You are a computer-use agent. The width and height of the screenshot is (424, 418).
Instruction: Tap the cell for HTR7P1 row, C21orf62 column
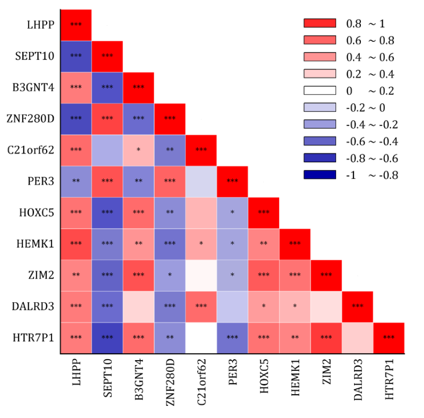click(x=201, y=337)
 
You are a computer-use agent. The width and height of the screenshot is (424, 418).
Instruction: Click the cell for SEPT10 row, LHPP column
click(x=76, y=56)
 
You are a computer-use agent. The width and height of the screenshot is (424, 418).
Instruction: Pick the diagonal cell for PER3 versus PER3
click(x=232, y=181)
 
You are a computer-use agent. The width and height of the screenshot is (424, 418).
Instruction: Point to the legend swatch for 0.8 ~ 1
click(x=320, y=23)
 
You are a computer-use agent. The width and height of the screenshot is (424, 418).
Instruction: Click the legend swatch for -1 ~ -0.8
click(x=320, y=175)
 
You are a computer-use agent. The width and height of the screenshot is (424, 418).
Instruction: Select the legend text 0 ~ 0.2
click(x=369, y=91)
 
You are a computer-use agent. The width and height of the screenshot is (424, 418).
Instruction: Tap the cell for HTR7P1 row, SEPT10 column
click(x=107, y=337)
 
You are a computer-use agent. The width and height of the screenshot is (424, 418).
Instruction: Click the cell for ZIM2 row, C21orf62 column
click(x=201, y=275)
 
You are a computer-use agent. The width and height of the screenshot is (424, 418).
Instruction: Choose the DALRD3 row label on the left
click(x=37, y=306)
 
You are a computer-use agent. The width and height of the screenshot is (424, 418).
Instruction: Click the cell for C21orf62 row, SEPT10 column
click(x=107, y=150)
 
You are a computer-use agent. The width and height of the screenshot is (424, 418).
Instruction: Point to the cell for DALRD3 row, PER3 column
click(x=232, y=306)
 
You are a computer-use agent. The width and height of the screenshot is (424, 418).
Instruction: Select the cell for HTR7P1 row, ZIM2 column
click(x=326, y=337)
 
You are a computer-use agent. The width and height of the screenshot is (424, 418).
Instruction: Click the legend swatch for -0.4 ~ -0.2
click(x=320, y=125)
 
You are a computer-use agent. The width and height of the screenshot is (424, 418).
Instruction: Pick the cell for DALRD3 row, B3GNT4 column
click(x=138, y=306)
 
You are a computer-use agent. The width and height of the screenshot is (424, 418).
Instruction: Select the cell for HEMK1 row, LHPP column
click(x=76, y=243)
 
